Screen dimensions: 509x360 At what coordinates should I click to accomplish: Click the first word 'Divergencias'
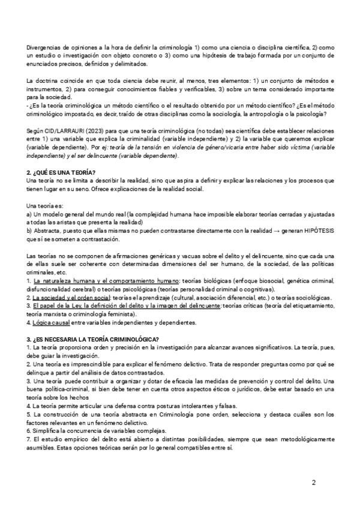coord(46,47)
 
